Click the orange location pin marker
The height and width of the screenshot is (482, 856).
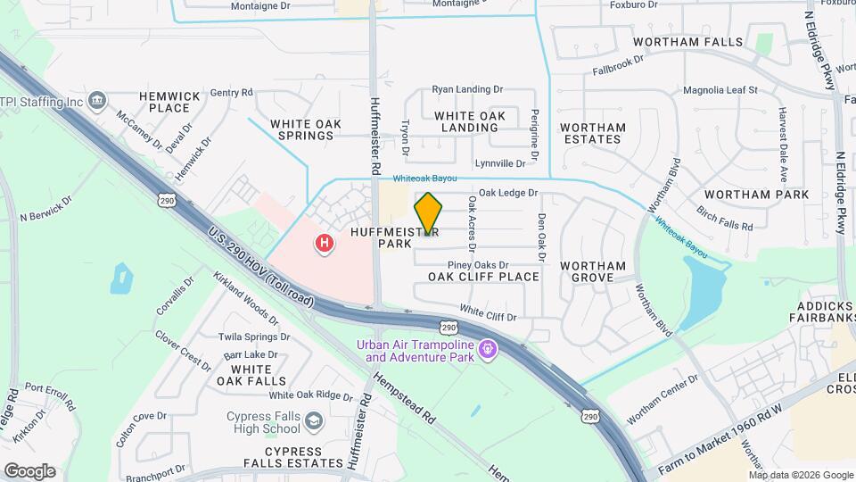[x=429, y=213]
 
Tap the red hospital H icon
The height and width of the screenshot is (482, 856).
[x=325, y=242]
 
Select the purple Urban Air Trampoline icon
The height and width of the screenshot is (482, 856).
[x=487, y=349]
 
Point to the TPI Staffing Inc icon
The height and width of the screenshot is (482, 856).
[x=97, y=99]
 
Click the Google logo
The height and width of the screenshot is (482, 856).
[x=29, y=470]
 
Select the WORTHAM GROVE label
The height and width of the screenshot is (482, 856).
[x=593, y=271]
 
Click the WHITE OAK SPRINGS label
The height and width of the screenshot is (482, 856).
[x=290, y=129]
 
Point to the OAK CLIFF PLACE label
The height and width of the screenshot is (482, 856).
[x=483, y=277]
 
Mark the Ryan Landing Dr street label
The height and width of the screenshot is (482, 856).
[x=467, y=90]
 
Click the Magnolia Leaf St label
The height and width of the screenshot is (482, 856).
[x=720, y=90]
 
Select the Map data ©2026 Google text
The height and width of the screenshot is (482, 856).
[x=800, y=474]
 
